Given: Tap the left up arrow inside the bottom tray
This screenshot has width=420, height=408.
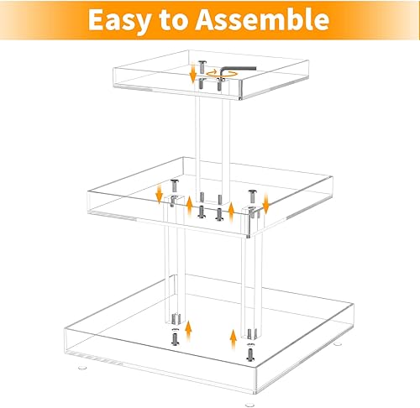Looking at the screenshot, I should coord(189,327).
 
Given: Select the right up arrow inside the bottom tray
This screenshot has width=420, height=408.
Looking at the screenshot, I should coord(233,337).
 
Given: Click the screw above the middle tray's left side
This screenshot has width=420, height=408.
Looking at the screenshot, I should coord(174,186).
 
